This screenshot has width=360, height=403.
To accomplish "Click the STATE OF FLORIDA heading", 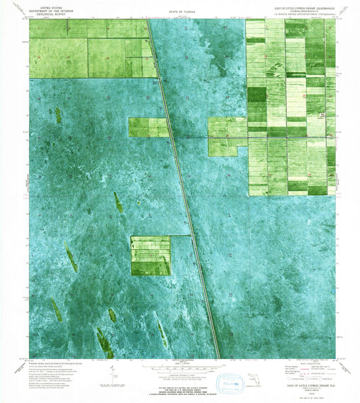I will coord(178,12).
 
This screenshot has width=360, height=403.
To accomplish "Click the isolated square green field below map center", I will coord(150,256).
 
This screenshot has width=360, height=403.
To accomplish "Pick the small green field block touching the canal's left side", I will coord(148,127).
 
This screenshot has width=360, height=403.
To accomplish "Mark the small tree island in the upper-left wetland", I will coord(59,115).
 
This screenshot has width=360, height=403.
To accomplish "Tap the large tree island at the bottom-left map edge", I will coord(105,343).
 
